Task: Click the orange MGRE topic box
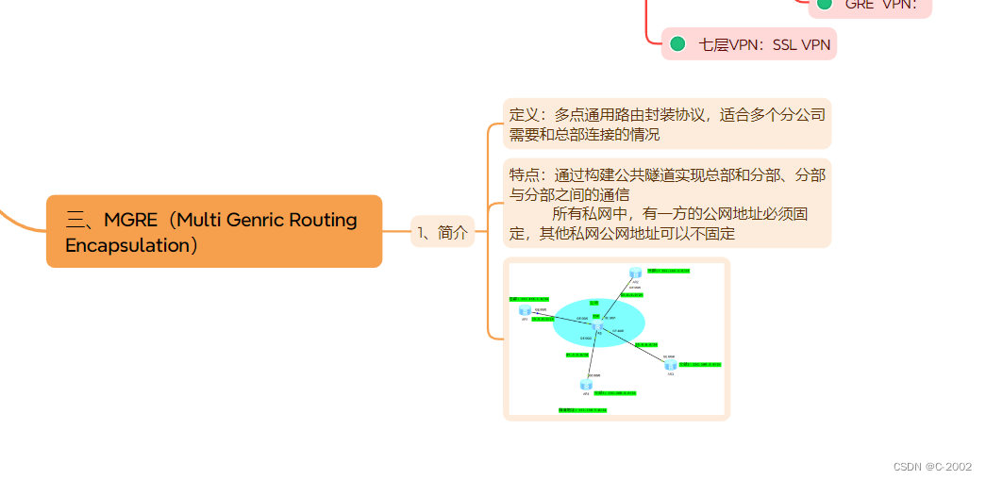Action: point(214,232)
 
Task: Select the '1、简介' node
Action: point(443,232)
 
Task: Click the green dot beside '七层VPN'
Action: point(677,43)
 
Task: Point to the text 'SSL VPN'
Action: point(801,44)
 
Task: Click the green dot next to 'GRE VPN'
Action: point(825,4)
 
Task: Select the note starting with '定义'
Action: point(666,124)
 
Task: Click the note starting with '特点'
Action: point(666,204)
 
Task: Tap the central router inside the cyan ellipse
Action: point(597,325)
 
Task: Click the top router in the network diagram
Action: point(635,273)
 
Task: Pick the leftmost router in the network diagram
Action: point(525,310)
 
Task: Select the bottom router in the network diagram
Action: point(586,384)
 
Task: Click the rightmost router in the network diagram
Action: point(670,364)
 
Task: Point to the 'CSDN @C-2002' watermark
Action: point(932,467)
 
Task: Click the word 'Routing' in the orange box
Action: point(322,221)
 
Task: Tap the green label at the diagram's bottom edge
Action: point(582,410)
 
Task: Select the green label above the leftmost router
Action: point(528,299)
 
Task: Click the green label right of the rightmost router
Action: point(700,364)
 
